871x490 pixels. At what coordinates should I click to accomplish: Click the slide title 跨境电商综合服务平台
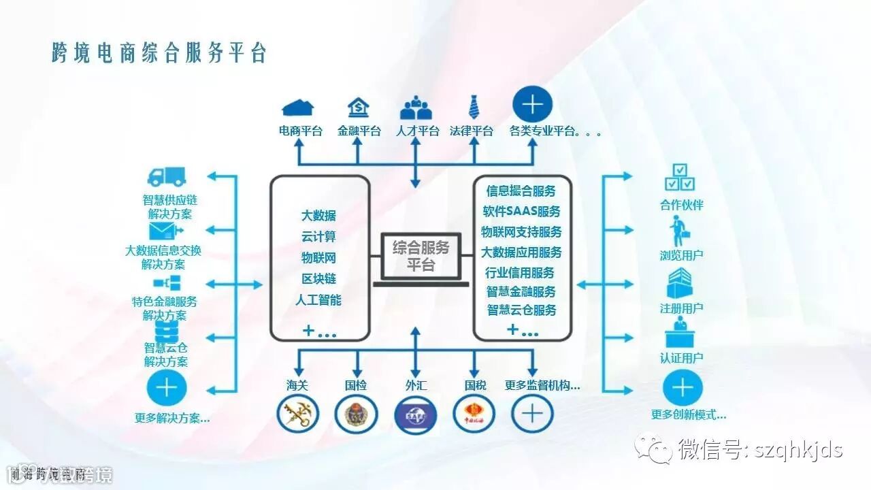[x=159, y=52]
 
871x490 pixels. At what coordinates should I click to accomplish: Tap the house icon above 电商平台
[x=299, y=108]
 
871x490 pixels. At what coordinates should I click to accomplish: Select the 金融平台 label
[x=359, y=131]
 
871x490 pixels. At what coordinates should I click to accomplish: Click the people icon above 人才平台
[x=416, y=108]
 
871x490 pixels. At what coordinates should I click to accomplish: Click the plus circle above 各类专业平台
[x=532, y=105]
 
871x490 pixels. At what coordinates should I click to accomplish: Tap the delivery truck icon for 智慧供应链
[x=167, y=177]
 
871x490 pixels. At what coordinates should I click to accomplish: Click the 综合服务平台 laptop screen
[x=421, y=256]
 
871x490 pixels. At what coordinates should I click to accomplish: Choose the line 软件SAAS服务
[x=521, y=212]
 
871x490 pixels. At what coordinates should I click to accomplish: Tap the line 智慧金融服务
[x=521, y=292]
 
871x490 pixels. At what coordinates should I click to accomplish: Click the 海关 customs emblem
[x=297, y=413]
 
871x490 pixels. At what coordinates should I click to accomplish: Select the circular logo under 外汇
[x=415, y=413]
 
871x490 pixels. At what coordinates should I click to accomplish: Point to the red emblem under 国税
[x=474, y=413]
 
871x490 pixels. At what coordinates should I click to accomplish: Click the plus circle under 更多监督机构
[x=532, y=413]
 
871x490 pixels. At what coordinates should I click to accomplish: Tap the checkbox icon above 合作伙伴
[x=680, y=177]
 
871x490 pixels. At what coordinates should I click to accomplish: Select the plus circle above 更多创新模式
[x=683, y=388]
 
